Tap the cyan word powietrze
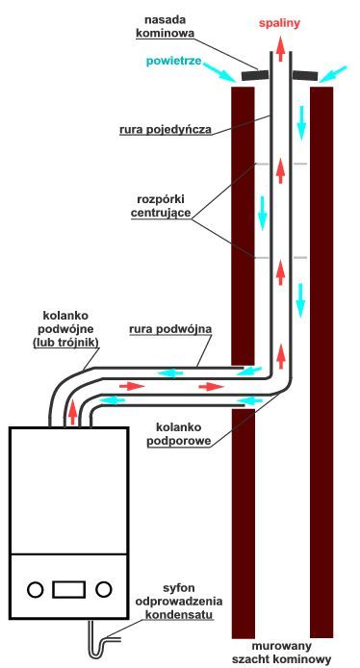pos(173,61)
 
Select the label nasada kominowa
pos(164,26)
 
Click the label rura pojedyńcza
pos(166,130)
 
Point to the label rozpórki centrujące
pos(161,206)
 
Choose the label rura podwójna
pos(170,329)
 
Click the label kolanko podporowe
pos(178,434)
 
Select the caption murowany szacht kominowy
pos(282,653)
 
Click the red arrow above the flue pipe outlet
pos(280,49)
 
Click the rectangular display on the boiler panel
pos(68,590)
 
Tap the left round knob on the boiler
pos(36,590)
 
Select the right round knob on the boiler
pos(104,589)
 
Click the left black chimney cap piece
pos(255,75)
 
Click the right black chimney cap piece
pos(305,76)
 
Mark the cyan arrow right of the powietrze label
pos(220,71)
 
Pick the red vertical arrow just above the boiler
pos(73,412)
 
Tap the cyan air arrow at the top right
pos(334,74)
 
